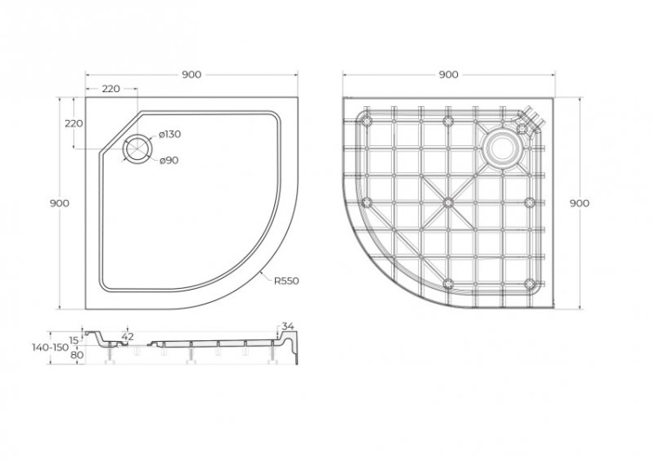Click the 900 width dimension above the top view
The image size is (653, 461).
(192, 75)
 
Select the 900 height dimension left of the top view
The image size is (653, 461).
(60, 203)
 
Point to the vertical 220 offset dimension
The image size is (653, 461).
(74, 124)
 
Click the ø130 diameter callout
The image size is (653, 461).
(170, 134)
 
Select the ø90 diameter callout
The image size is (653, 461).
(168, 160)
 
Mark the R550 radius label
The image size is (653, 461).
(286, 281)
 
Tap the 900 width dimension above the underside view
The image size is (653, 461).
(448, 75)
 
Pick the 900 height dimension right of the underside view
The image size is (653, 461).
(579, 203)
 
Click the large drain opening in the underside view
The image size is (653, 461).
(502, 148)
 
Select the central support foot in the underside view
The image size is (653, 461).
(448, 202)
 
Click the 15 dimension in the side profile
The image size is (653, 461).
(75, 339)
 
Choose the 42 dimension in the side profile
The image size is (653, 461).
(128, 336)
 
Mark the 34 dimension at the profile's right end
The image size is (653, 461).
(289, 326)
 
